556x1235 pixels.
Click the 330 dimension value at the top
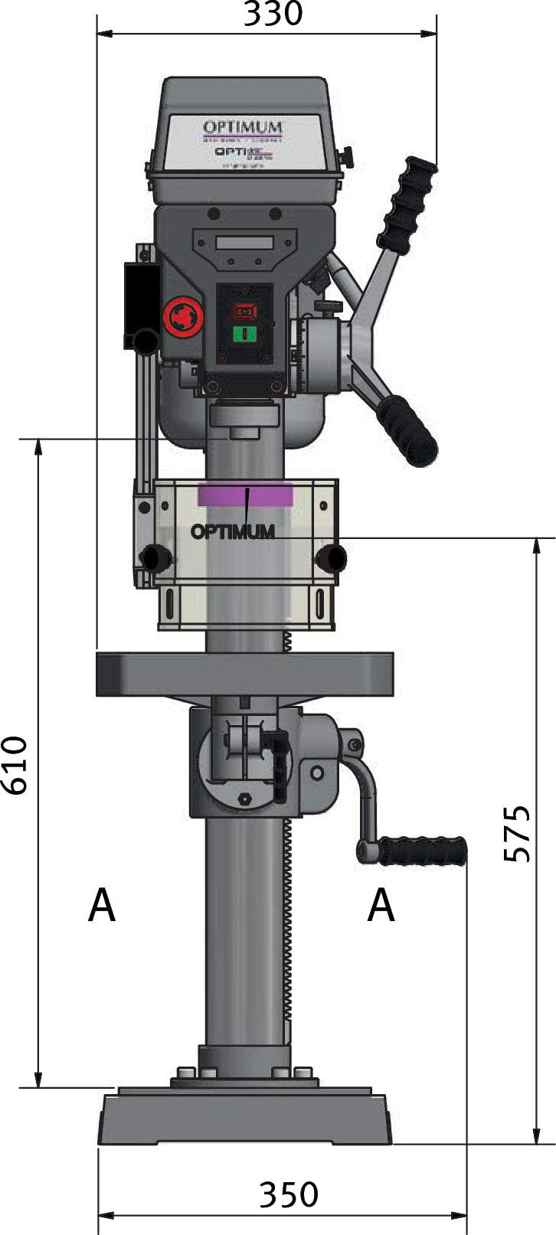273,14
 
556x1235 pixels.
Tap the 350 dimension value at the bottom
288,1194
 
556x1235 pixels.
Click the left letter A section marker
102,906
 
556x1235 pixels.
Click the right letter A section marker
381,906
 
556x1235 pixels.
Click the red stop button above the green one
244,311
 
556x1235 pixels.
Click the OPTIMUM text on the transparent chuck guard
233,531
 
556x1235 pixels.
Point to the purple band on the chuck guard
244,494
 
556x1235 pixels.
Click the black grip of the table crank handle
424,850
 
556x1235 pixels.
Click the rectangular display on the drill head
244,243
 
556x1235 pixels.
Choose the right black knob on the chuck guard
332,557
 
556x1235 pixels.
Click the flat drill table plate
244,674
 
